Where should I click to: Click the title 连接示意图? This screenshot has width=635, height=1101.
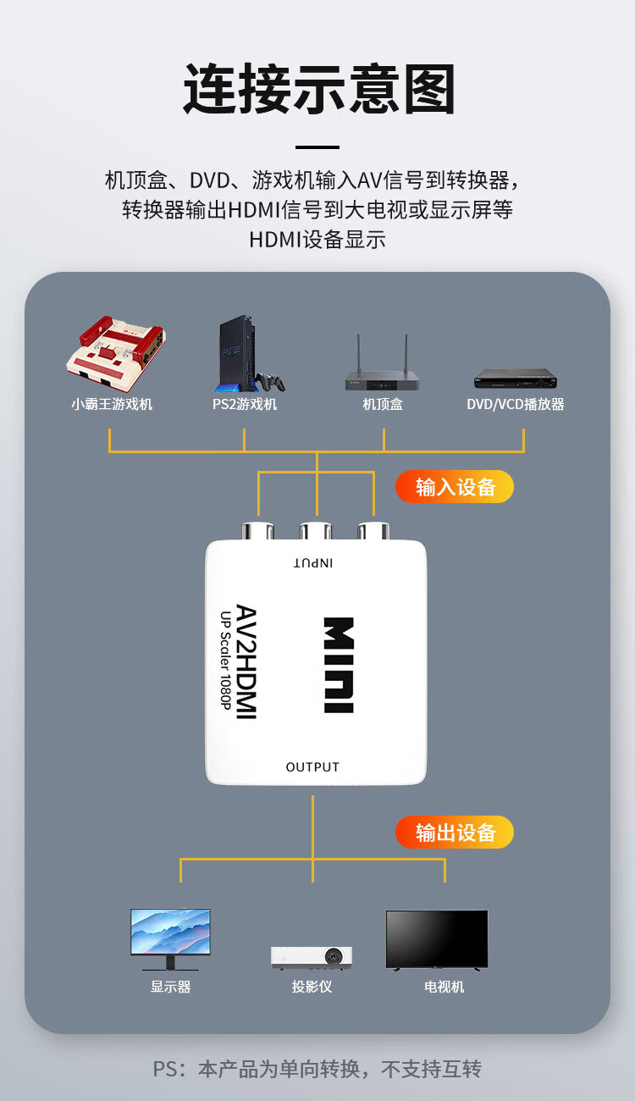[319, 89]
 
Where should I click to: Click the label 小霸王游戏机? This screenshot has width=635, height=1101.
[112, 404]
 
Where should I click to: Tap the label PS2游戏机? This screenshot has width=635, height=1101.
[244, 404]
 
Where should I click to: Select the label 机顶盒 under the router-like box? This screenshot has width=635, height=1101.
[383, 404]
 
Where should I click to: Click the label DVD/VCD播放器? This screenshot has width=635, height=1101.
[515, 404]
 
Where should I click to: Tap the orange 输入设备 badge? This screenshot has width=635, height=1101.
[455, 487]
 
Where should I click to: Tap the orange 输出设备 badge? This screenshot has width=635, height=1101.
[455, 833]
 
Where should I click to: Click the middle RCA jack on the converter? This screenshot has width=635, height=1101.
[316, 532]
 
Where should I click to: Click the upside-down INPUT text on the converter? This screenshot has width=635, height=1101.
[313, 563]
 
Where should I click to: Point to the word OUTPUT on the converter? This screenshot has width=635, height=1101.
[312, 767]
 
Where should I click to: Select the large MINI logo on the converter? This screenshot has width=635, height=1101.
[339, 666]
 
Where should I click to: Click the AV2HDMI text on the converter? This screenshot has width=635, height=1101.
[245, 662]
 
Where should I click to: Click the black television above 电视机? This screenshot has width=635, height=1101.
[436, 939]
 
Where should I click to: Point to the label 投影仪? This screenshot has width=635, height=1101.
[312, 987]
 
